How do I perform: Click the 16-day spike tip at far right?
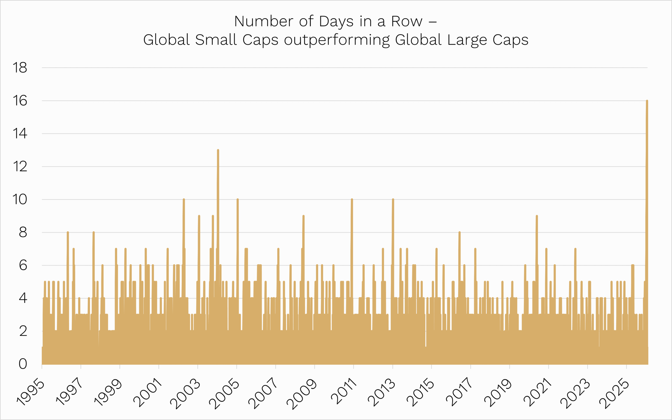pos(647,101)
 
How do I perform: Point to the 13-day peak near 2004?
pos(218,150)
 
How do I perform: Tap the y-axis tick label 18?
pos(20,68)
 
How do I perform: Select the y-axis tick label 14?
pos(20,134)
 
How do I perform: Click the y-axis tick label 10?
pos(20,199)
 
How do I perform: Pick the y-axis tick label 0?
pos(23,364)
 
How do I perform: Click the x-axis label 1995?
pos(30,392)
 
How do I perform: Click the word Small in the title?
pos(216,40)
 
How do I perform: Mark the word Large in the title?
pos(467,40)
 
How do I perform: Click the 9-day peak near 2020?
pos(537,216)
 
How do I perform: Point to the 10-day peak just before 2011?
pos(352,199)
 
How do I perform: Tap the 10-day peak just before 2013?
pos(393,199)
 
